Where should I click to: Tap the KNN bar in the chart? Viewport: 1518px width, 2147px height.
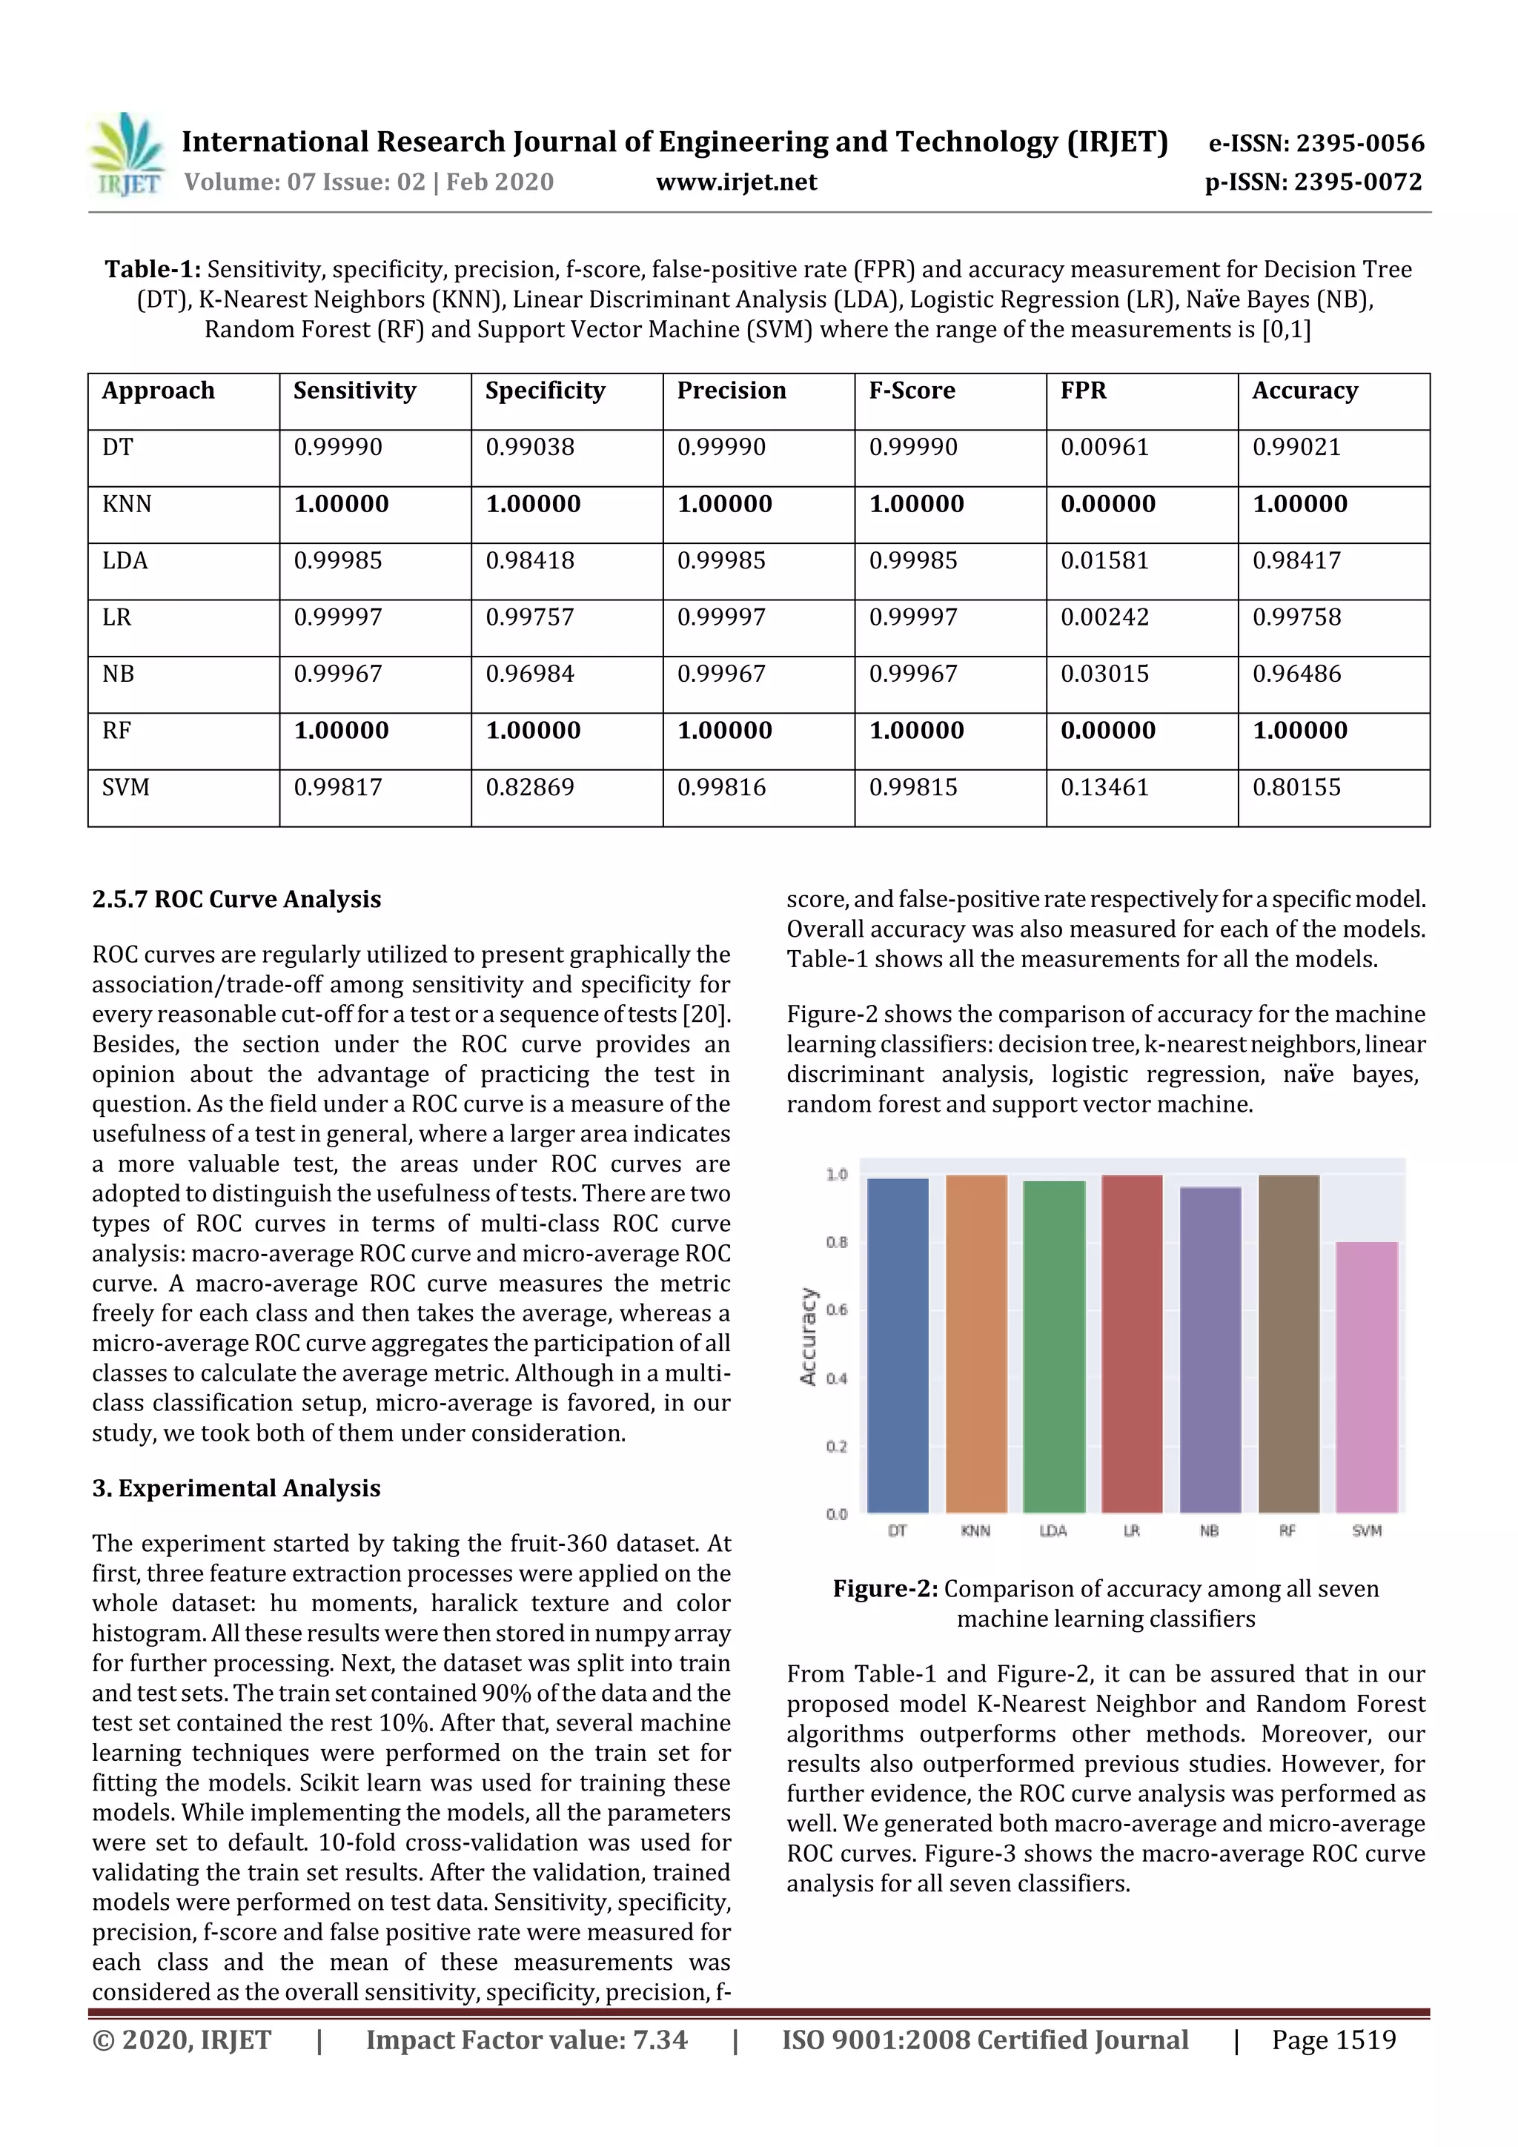tap(975, 1343)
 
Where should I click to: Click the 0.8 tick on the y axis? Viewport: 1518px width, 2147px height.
tap(836, 1243)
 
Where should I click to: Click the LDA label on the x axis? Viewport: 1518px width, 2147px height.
tap(1053, 1531)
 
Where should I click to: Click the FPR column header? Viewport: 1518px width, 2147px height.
tap(1083, 391)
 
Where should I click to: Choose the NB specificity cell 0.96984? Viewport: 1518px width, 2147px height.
tap(529, 674)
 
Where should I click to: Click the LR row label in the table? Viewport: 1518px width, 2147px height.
tap(117, 617)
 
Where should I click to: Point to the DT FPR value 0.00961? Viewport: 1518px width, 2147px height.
tap(1104, 447)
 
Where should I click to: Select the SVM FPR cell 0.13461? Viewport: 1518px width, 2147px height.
tap(1104, 787)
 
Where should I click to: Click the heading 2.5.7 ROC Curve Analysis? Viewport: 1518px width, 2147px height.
tap(236, 900)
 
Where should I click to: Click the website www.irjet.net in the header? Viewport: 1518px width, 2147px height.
tap(736, 182)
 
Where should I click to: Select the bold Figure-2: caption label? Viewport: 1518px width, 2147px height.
tap(885, 1589)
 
